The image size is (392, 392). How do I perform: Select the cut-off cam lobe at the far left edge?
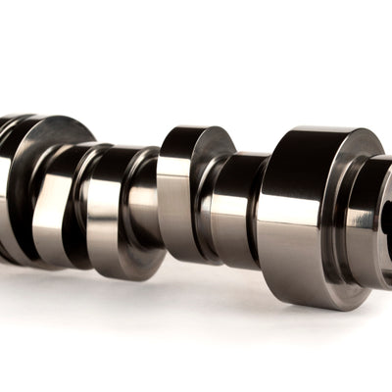(x=8, y=186)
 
